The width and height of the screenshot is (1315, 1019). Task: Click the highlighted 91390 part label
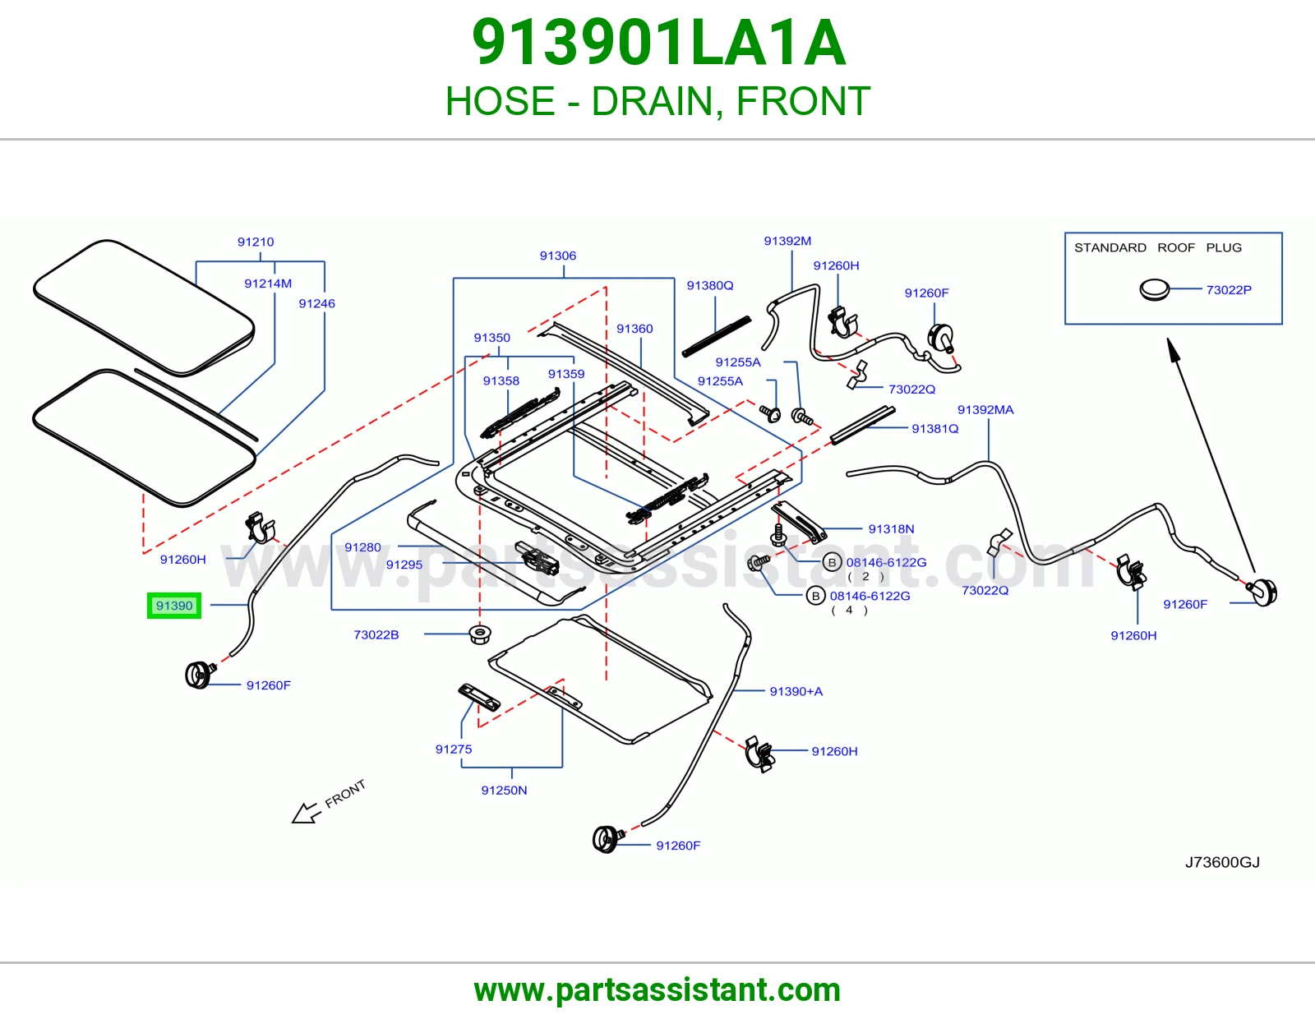[174, 606]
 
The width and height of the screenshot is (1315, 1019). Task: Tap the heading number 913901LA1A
[658, 43]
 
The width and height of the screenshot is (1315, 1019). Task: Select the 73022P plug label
[1229, 290]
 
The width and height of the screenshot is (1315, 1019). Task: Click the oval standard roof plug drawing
[1154, 290]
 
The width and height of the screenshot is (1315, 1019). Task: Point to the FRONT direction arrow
[307, 813]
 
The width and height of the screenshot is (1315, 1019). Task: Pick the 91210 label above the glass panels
[256, 242]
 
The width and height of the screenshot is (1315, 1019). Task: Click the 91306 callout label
[558, 256]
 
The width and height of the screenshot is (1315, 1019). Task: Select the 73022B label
[376, 634]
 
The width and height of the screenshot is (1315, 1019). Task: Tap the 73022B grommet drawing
[480, 634]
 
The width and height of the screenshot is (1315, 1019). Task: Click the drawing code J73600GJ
[1222, 862]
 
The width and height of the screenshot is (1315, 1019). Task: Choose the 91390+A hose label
[796, 692]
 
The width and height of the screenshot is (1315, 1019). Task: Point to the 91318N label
[892, 529]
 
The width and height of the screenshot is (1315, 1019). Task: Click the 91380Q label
[710, 286]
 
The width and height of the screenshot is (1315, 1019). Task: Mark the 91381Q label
[935, 429]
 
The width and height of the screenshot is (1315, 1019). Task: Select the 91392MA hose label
[985, 410]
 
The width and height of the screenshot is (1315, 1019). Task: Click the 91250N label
[504, 791]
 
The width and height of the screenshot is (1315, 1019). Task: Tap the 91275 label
[454, 749]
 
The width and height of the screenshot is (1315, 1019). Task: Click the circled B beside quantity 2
[832, 563]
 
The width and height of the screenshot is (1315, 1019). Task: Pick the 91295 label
[404, 565]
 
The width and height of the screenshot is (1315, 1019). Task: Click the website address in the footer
[657, 990]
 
